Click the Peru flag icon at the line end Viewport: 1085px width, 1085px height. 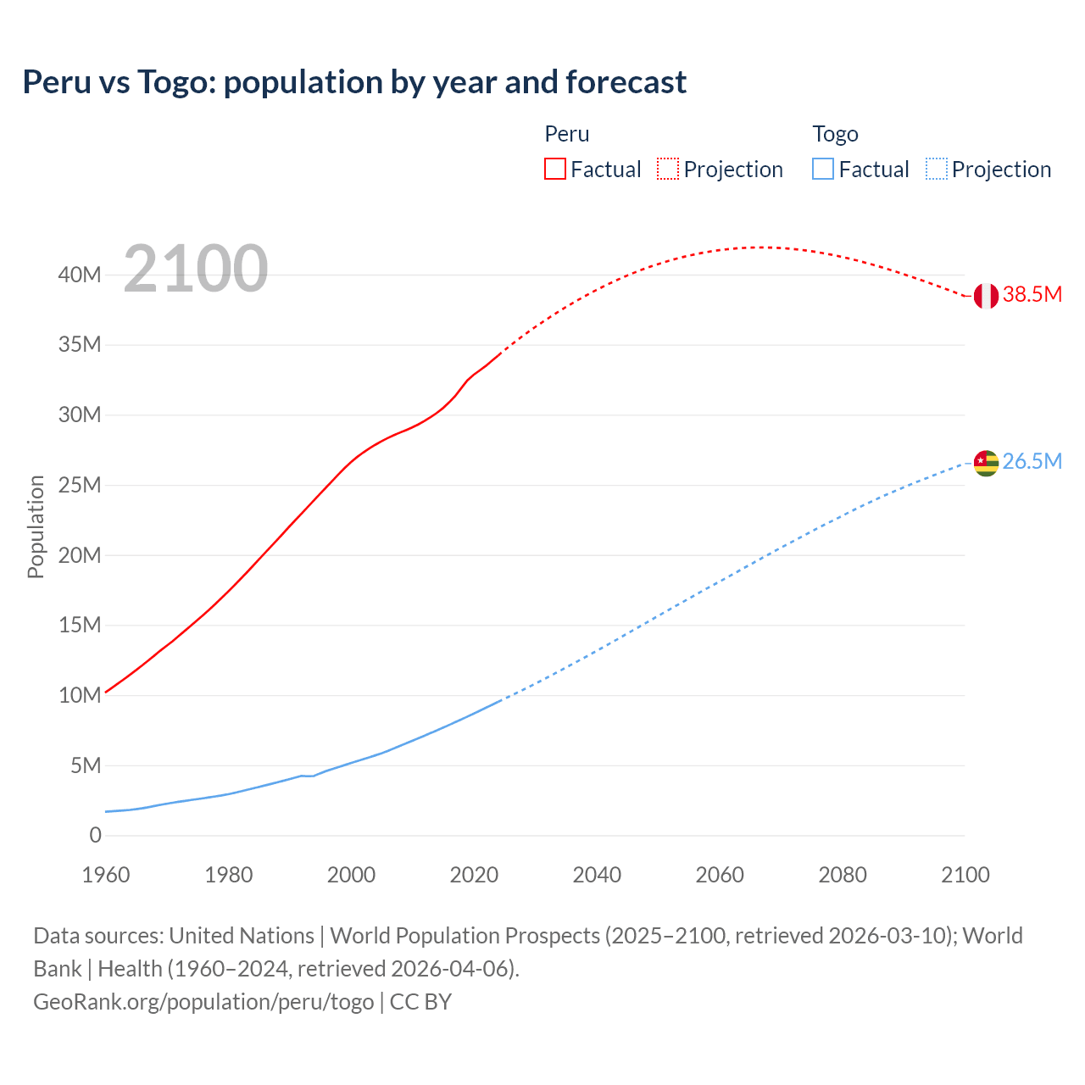[x=986, y=296]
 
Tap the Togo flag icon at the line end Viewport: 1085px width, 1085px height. [x=986, y=463]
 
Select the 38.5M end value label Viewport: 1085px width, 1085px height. [x=1032, y=295]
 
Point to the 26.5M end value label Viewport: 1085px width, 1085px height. [x=1032, y=462]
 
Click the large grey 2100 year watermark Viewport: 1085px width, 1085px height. [x=196, y=270]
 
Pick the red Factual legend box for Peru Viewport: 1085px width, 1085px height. [x=554, y=170]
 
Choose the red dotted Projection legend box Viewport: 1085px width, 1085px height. [x=668, y=170]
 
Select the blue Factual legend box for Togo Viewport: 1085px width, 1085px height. [x=823, y=170]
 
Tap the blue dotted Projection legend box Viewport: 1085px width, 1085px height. [x=937, y=170]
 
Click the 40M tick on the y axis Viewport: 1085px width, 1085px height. [x=80, y=275]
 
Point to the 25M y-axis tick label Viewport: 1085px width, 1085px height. [x=80, y=486]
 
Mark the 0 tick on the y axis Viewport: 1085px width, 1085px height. [x=95, y=836]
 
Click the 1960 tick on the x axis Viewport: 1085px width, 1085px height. [x=106, y=875]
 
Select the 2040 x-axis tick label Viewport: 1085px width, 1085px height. [x=597, y=875]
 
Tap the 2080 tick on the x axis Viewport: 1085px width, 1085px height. [x=843, y=875]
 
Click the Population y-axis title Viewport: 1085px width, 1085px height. [x=36, y=526]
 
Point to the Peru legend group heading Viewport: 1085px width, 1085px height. [x=566, y=134]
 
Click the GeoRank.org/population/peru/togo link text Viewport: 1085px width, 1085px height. [x=203, y=1002]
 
